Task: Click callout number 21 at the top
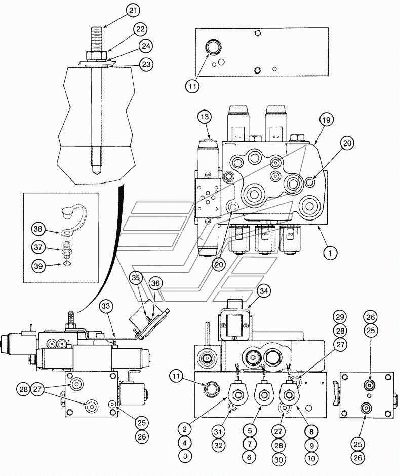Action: [x=133, y=11]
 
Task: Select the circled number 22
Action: [x=140, y=29]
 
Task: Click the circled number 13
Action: [x=205, y=117]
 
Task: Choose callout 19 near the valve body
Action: [x=326, y=120]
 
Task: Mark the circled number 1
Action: [x=330, y=252]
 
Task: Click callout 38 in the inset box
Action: [x=38, y=229]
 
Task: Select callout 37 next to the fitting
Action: [x=38, y=247]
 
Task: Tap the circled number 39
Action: [x=38, y=266]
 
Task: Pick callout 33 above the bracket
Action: [x=105, y=306]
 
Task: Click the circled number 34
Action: [x=264, y=291]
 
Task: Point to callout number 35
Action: [x=136, y=278]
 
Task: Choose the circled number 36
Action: [x=155, y=283]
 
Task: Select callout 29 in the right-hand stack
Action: [x=340, y=317]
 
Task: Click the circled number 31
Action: [x=219, y=431]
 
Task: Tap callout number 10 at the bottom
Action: [x=311, y=458]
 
